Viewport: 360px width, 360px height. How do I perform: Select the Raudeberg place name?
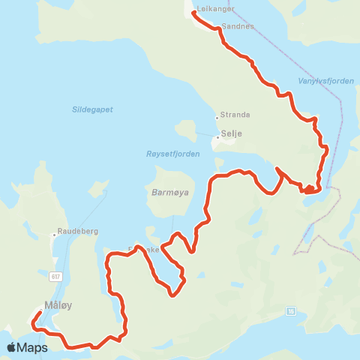pos(77,232)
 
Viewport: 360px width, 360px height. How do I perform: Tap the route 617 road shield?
pos(56,277)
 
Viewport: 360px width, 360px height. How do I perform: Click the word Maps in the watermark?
pos(33,347)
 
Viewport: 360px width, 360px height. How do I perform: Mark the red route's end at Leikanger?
pos(194,13)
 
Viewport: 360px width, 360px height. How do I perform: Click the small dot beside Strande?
pos(217,117)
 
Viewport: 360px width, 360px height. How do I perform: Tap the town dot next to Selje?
pos(218,137)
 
